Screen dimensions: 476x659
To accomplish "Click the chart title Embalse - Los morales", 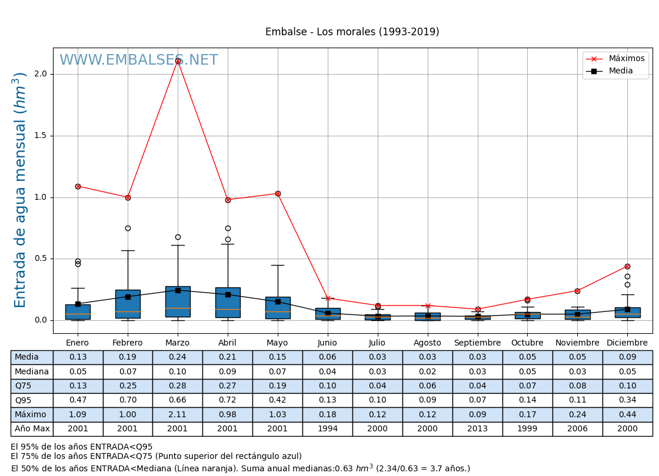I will coord(352,32).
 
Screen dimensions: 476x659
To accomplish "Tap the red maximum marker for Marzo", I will coord(178,61).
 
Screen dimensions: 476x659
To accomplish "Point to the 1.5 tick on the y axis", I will coord(41,136).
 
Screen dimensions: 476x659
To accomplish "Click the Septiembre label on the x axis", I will coord(477,343).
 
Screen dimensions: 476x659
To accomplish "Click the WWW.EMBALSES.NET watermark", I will coord(139,60).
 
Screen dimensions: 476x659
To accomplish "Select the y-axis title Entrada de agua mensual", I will coord(21,190).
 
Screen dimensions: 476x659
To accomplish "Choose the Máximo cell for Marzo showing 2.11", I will coord(178,415).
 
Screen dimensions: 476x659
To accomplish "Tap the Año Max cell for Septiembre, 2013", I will coord(477,429).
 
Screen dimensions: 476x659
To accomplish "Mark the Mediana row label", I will coord(32,372).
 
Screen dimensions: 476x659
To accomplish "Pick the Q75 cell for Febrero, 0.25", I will coord(128,386).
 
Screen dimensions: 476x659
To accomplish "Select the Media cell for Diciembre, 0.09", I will coord(627,357).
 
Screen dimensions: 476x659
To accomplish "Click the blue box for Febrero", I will coord(128,304).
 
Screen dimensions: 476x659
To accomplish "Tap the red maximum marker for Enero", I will coord(78,186).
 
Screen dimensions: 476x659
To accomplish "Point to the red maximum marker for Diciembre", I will coord(627,266).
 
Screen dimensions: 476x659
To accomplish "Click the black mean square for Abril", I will coord(228,294).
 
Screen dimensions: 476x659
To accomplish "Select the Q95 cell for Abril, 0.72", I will coord(228,400).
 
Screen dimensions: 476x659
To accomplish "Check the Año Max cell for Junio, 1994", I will coord(327,429).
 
